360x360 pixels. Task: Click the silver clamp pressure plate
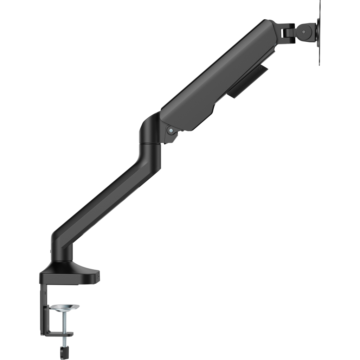click(x=64, y=308)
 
